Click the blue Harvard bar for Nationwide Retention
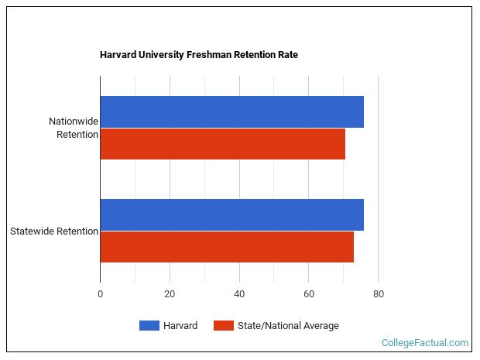point(231,112)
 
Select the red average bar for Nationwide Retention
point(222,144)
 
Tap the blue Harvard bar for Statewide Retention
point(231,214)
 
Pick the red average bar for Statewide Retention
point(227,247)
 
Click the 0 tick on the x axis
point(100,294)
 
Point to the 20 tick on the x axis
point(170,294)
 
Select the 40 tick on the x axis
point(239,294)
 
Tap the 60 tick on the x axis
point(308,294)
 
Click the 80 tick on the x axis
point(378,294)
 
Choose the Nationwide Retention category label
point(73,128)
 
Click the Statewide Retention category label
point(54,231)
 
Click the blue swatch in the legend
point(149,326)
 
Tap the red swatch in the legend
point(223,326)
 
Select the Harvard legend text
point(180,326)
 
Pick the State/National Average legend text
point(288,326)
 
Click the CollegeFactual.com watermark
point(425,342)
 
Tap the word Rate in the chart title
point(287,55)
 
